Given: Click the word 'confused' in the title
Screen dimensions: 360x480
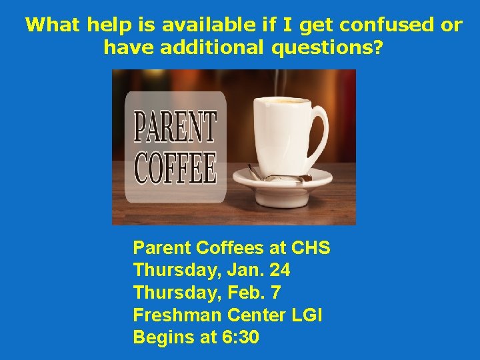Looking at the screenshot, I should [x=379, y=25].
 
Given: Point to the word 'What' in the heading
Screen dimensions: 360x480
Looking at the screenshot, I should [x=52, y=25].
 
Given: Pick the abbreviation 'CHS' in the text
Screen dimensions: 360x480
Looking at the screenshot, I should [x=311, y=248].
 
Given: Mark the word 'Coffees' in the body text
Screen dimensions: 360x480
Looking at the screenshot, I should [x=231, y=248].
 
